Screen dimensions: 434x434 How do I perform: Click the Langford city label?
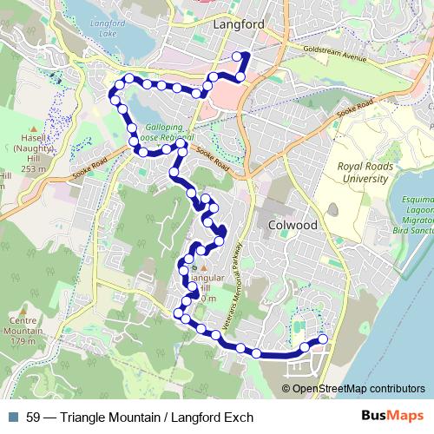click(238, 26)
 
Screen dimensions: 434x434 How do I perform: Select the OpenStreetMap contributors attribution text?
click(358, 388)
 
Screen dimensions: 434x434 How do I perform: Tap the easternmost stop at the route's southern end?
click(323, 339)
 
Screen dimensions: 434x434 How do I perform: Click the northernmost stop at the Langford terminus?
click(237, 56)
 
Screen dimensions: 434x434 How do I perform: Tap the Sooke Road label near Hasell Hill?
click(91, 163)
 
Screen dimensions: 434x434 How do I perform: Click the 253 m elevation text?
click(33, 169)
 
